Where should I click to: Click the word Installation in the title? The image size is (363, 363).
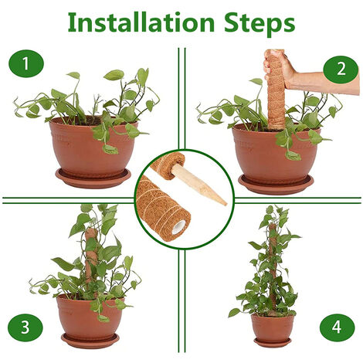(x=141, y=22)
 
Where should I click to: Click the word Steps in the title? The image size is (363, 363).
(x=260, y=25)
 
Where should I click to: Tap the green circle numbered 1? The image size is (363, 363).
(x=26, y=63)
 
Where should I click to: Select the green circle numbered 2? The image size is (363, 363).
(x=341, y=69)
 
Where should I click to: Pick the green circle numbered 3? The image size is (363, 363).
(x=25, y=327)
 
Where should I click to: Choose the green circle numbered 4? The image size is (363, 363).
(x=337, y=327)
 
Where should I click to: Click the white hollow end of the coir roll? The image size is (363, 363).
(x=178, y=228)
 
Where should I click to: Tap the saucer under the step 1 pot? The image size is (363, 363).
(x=93, y=178)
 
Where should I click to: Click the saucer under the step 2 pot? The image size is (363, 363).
(x=276, y=185)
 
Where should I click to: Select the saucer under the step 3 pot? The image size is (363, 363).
(x=90, y=341)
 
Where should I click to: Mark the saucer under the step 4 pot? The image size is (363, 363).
(x=273, y=342)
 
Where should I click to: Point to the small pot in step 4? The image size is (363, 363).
(x=273, y=327)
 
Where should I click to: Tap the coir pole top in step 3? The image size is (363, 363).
(x=90, y=232)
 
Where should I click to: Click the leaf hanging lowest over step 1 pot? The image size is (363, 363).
(x=110, y=149)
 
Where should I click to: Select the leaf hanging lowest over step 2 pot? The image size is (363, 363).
(x=293, y=155)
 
